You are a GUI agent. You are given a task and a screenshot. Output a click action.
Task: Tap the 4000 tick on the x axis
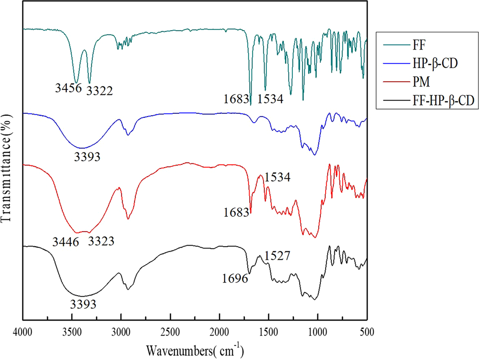click(22, 332)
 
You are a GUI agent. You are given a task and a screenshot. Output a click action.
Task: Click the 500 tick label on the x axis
click(367, 332)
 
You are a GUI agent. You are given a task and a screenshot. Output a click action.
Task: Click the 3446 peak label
click(65, 242)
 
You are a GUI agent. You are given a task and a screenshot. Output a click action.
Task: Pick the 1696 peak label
click(235, 278)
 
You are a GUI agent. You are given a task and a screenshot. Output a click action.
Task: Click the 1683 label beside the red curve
click(236, 211)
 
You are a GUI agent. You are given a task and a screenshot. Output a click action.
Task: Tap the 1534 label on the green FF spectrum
click(271, 99)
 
